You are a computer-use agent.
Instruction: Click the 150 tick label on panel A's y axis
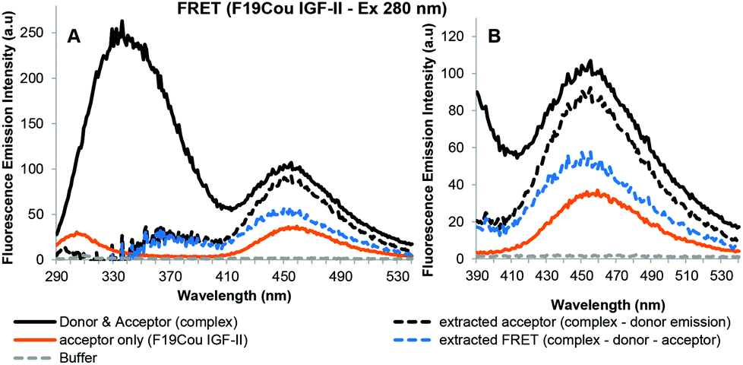42,123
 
